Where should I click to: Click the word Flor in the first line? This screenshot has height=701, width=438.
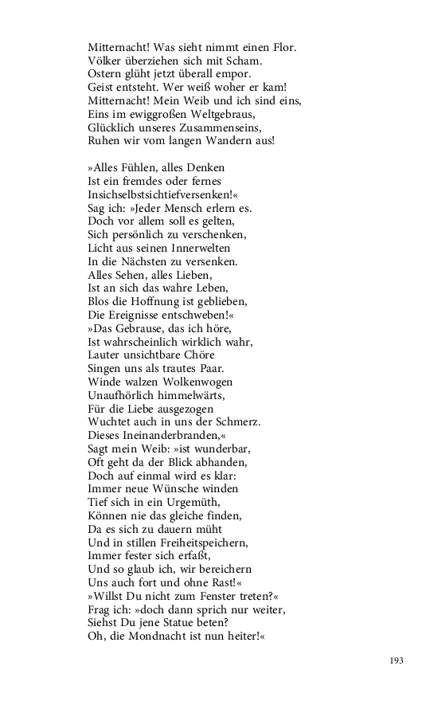(284, 48)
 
